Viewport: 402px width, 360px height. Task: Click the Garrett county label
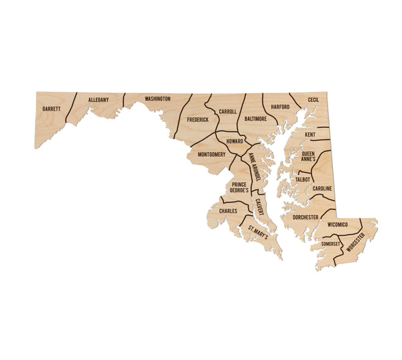51,109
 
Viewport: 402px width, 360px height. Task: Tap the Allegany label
98,101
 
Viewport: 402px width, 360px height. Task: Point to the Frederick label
198,119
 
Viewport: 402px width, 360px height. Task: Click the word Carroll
228,111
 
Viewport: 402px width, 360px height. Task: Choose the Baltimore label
256,118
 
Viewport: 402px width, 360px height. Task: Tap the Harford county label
281,107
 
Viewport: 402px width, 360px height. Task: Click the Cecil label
313,99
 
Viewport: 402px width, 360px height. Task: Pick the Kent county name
310,135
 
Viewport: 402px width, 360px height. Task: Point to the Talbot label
303,180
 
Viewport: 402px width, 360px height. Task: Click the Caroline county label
321,189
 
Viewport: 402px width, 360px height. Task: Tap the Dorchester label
306,217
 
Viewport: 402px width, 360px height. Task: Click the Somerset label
331,244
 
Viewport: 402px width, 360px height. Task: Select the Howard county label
234,141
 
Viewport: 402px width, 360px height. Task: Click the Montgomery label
212,155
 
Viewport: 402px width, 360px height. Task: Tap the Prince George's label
239,187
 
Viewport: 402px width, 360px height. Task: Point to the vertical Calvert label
259,206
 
